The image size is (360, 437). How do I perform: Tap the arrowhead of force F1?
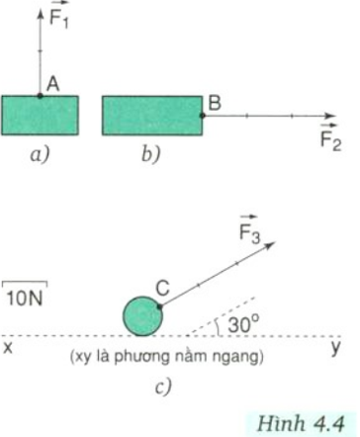click(40, 10)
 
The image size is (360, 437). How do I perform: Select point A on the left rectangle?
click(40, 96)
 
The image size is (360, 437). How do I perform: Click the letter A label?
click(54, 86)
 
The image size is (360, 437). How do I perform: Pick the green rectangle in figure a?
click(40, 116)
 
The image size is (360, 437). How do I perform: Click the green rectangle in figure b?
click(151, 116)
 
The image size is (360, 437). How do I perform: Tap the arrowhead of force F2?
click(337, 116)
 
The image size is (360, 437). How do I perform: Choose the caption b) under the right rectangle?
click(149, 155)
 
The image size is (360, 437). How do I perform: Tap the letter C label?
click(162, 287)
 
